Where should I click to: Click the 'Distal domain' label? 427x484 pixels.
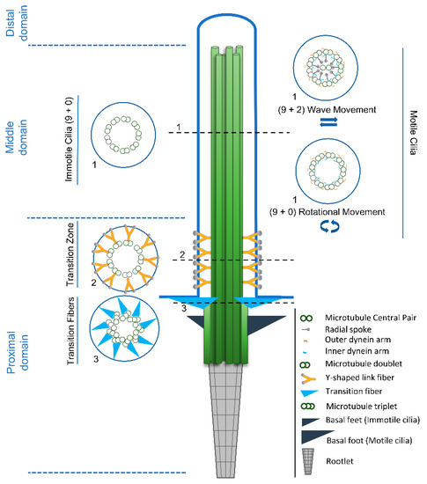tap(17, 23)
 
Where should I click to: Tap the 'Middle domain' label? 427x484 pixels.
tap(17, 137)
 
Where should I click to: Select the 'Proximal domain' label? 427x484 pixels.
tap(18, 352)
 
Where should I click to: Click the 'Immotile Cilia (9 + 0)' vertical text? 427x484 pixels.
tap(69, 140)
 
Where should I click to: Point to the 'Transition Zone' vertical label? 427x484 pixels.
tap(70, 254)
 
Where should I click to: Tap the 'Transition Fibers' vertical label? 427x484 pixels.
tap(70, 331)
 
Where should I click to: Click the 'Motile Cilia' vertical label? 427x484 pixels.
tap(413, 133)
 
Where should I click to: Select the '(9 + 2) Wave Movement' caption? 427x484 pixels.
tap(327, 110)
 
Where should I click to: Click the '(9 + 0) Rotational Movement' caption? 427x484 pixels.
tap(327, 212)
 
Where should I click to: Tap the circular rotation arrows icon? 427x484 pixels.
tap(329, 226)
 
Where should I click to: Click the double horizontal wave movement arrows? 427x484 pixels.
tap(328, 122)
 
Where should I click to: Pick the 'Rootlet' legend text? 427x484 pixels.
tap(340, 461)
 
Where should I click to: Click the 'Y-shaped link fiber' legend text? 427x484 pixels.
tap(360, 378)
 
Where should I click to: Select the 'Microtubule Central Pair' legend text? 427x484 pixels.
tap(371, 318)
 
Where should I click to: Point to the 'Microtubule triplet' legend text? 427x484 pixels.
tap(362, 407)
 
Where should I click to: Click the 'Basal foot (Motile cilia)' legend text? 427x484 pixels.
tap(370, 441)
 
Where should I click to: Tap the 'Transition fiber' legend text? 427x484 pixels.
tap(354, 392)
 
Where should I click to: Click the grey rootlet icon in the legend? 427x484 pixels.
tap(308, 461)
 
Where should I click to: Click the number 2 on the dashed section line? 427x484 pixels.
tap(182, 254)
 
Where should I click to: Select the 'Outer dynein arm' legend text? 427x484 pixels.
tap(357, 340)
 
